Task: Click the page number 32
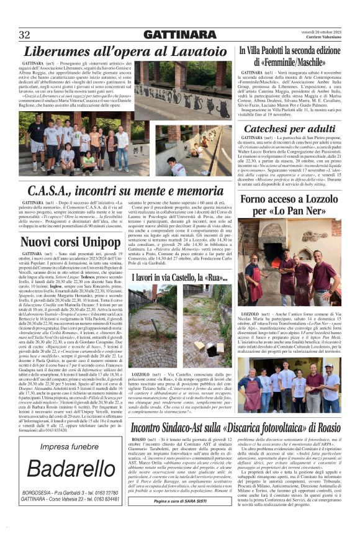tap(25, 34)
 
